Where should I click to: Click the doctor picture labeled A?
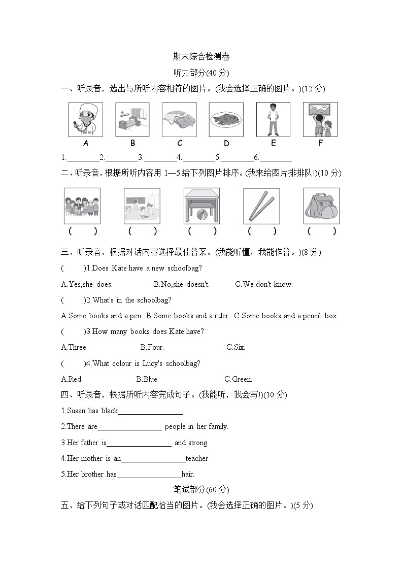(85, 120)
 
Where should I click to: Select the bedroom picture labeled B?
(132, 120)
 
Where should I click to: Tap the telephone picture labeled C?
(179, 120)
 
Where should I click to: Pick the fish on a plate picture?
(226, 120)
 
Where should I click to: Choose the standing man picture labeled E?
(273, 120)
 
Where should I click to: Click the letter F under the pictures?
(320, 143)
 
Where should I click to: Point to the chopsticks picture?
(261, 206)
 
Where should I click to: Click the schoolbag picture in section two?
(321, 206)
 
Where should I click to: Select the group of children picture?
(82, 206)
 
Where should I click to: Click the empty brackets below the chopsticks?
(261, 231)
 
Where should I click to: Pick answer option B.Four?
(152, 347)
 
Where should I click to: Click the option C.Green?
(238, 379)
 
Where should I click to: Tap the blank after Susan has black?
(151, 411)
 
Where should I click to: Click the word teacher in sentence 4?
(197, 458)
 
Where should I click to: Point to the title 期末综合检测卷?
(201, 56)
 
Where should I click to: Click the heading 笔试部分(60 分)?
(201, 490)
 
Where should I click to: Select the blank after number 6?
(276, 158)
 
